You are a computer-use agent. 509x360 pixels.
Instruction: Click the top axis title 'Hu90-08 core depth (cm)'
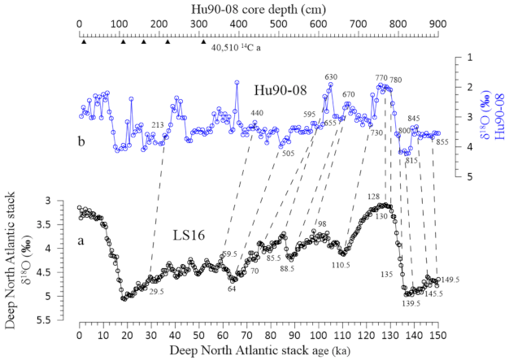click(258, 8)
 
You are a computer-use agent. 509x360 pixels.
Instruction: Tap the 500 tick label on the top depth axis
click(278, 24)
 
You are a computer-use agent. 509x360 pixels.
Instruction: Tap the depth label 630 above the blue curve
click(331, 77)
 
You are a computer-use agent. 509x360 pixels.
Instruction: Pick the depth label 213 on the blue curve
click(158, 124)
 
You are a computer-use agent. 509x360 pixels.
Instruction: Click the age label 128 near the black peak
click(373, 197)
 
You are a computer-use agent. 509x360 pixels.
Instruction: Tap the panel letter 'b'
click(82, 141)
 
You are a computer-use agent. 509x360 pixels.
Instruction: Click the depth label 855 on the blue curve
click(442, 142)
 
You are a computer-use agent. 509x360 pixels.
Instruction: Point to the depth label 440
click(257, 113)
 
